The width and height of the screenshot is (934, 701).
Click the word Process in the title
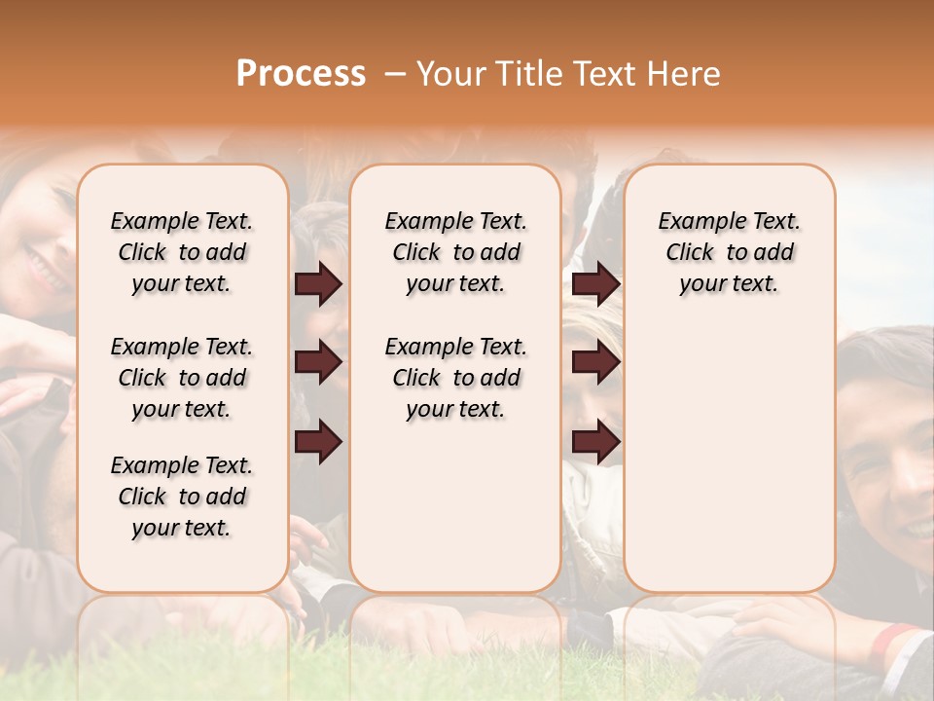(301, 74)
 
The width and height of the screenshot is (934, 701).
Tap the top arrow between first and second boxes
(319, 284)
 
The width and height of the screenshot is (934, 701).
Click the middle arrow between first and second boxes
(319, 363)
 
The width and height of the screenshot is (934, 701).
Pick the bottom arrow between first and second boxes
(319, 441)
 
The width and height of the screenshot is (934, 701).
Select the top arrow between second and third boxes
(595, 284)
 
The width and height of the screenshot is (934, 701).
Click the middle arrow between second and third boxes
(595, 363)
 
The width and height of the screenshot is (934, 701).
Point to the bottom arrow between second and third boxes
(595, 441)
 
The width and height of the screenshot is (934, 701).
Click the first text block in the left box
(182, 252)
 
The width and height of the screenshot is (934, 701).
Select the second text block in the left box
(182, 378)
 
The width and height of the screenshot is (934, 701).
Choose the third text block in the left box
(182, 497)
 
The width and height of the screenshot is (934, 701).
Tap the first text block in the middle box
(455, 252)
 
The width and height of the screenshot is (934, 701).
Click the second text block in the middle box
(455, 378)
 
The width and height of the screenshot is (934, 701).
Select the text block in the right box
(729, 252)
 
